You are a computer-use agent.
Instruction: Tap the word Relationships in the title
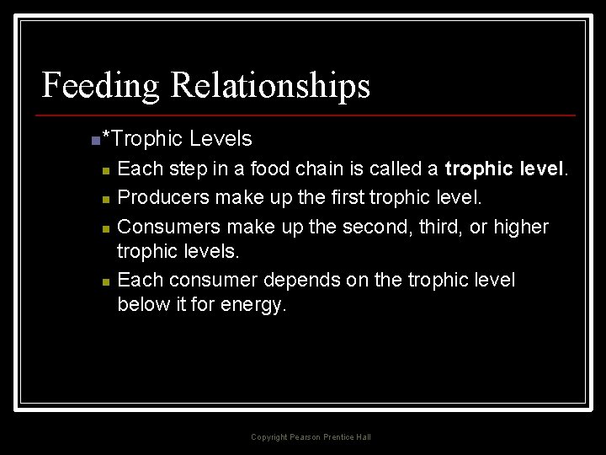tap(269, 86)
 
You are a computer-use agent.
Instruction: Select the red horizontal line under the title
tap(308, 115)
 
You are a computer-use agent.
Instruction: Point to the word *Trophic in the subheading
tap(141, 138)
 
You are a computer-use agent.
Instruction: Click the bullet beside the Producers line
tap(104, 200)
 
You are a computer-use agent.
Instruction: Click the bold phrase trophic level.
tap(506, 169)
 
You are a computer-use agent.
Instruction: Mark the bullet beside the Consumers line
tap(104, 229)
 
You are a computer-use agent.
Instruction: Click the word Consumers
tap(165, 227)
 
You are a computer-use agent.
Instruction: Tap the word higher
tap(518, 227)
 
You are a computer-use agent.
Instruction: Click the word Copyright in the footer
tap(269, 437)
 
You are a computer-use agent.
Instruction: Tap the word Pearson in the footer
tap(306, 437)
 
